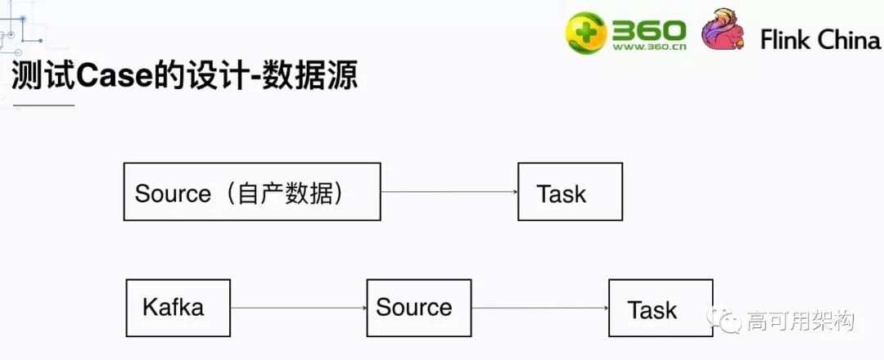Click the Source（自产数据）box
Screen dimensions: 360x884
(252, 191)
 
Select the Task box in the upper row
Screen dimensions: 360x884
(570, 191)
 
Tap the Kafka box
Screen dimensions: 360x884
(178, 308)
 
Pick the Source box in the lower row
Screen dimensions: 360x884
(418, 308)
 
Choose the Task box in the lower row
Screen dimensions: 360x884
(660, 308)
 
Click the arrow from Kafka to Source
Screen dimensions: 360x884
(298, 308)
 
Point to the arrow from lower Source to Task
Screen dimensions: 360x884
(539, 308)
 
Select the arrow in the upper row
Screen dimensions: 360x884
(449, 192)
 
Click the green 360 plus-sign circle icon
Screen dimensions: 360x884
(586, 32)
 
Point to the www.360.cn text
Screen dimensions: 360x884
(648, 47)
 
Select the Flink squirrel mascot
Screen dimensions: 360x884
(722, 31)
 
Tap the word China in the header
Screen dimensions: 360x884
(849, 39)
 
